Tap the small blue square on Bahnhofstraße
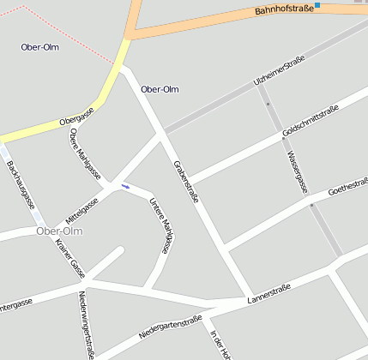tap(317, 5)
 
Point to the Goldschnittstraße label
tap(311, 122)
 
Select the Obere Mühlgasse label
tap(84, 155)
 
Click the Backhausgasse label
tap(20, 185)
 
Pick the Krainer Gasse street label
tap(69, 258)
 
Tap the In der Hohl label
tap(220, 345)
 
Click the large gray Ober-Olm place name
tap(59, 231)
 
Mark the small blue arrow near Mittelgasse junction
tap(125, 186)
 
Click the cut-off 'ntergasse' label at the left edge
tap(16, 303)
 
